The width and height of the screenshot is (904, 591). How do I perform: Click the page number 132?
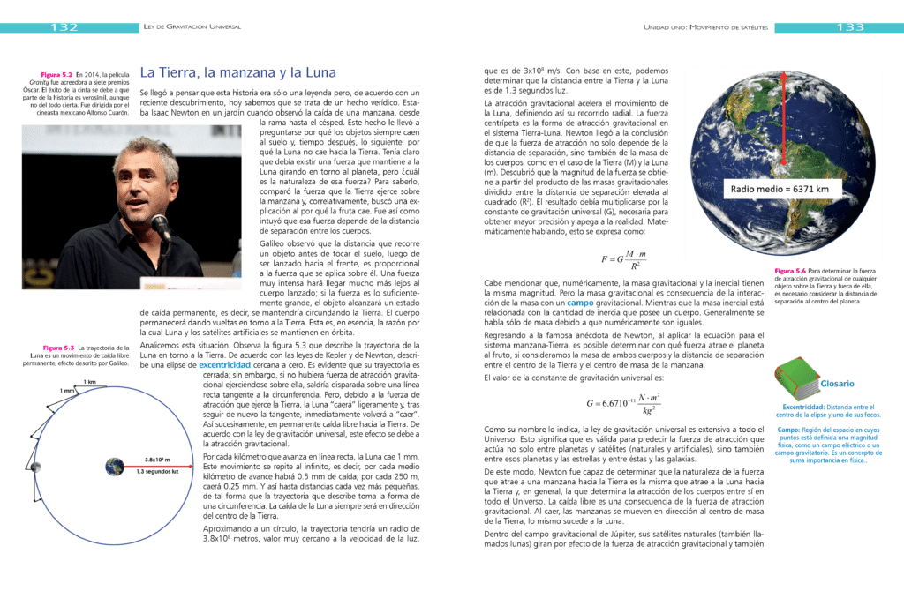[x=65, y=27]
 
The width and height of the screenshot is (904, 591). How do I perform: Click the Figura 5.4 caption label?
[x=789, y=271]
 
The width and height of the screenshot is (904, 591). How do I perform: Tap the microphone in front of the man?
[x=162, y=227]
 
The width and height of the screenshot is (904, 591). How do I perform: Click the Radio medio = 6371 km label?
[x=776, y=189]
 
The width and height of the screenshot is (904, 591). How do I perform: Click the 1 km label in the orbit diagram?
[x=89, y=381]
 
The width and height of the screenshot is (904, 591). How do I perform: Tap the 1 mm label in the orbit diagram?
[x=68, y=390]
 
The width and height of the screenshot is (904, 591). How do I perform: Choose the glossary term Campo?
[x=788, y=430]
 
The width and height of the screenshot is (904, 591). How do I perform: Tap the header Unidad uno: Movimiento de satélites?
[x=705, y=27]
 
